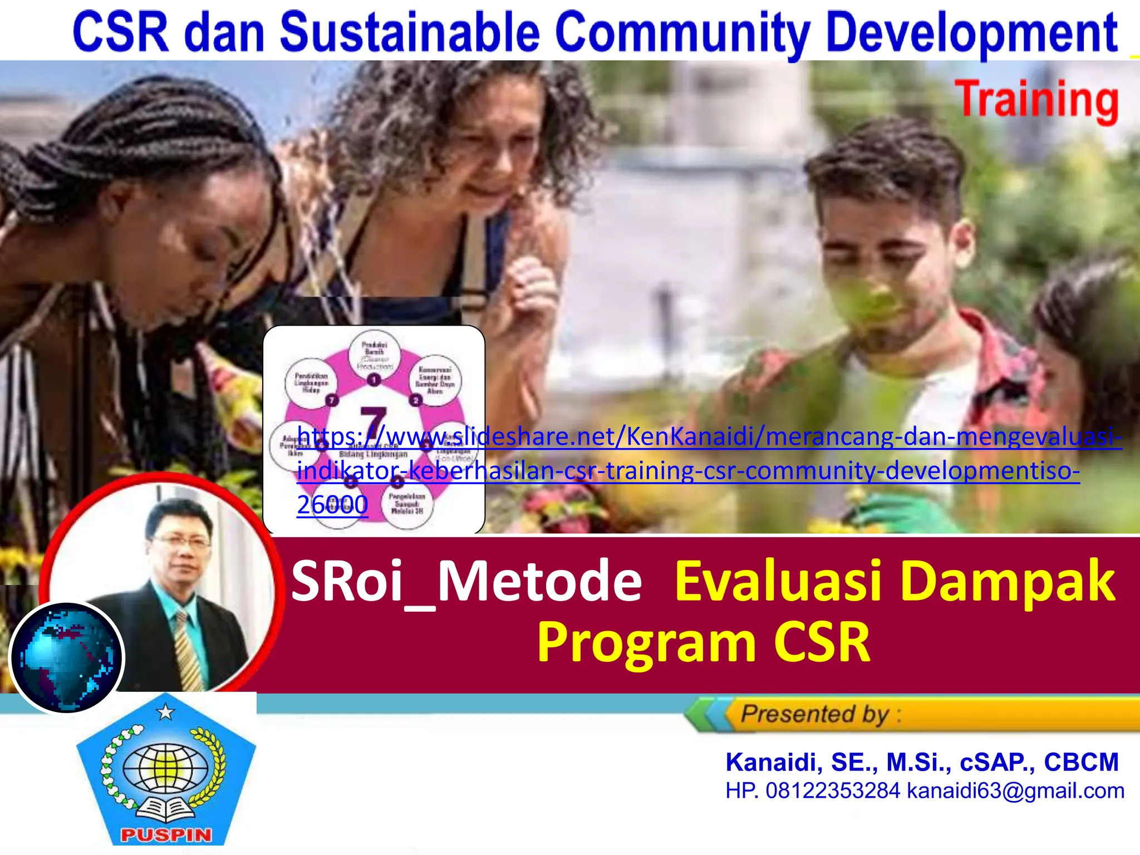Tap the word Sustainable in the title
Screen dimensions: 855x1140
pos(410,32)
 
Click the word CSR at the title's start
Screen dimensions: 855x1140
pos(120,32)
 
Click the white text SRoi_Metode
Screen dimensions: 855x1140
pos(466,582)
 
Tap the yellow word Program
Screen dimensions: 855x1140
pos(646,643)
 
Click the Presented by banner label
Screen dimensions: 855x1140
pos(815,714)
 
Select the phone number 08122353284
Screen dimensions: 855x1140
pos(833,791)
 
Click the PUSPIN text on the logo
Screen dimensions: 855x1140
pos(166,835)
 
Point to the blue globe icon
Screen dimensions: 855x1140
pos(67,657)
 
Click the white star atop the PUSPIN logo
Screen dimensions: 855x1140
pos(165,712)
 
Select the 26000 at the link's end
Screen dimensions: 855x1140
pos(332,505)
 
